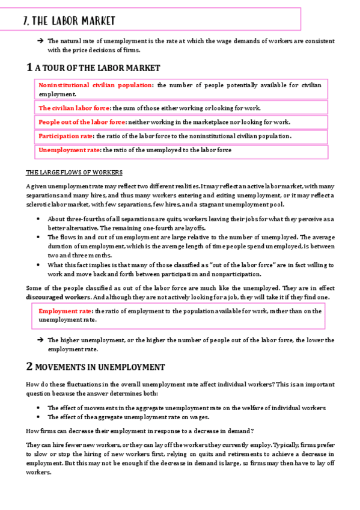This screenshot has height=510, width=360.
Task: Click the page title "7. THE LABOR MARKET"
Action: [x=68, y=21]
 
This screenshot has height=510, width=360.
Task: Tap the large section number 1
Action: [x=29, y=67]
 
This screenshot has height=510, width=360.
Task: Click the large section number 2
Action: [x=29, y=366]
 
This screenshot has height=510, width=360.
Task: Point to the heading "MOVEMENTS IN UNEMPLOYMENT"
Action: [x=100, y=367]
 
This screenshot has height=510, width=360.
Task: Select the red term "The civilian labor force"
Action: [x=75, y=108]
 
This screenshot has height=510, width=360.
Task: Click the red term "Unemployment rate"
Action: [x=69, y=150]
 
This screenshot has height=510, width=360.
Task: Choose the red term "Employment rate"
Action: [x=65, y=311]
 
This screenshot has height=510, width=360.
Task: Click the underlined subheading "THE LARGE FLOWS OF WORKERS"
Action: [x=75, y=172]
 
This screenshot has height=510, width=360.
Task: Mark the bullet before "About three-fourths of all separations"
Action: [x=39, y=218]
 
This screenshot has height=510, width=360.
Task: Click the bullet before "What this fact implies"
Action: [x=39, y=265]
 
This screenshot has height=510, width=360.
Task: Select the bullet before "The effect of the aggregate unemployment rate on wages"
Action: [x=39, y=417]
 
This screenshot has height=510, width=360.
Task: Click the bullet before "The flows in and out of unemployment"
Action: [x=39, y=237]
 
